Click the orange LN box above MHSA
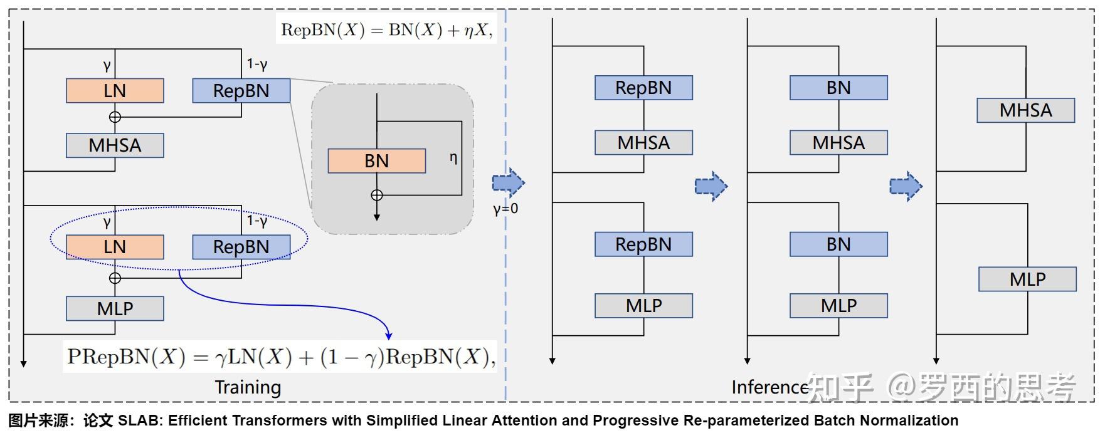coord(115,91)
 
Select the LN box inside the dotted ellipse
coord(115,247)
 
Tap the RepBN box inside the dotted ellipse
coord(241,247)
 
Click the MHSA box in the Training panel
coord(115,145)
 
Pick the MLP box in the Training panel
coord(115,308)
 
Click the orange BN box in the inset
coord(377,161)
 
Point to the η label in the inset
coord(453,159)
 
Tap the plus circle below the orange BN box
coord(377,196)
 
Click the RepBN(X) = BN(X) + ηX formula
coord(386,30)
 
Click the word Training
coord(248,387)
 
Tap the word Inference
coord(770,387)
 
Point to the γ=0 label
coord(505,209)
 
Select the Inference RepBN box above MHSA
coord(644,88)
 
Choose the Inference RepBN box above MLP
coord(644,244)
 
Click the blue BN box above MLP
coord(839,244)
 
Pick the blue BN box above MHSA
coord(839,88)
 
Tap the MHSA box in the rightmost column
coord(1026,110)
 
